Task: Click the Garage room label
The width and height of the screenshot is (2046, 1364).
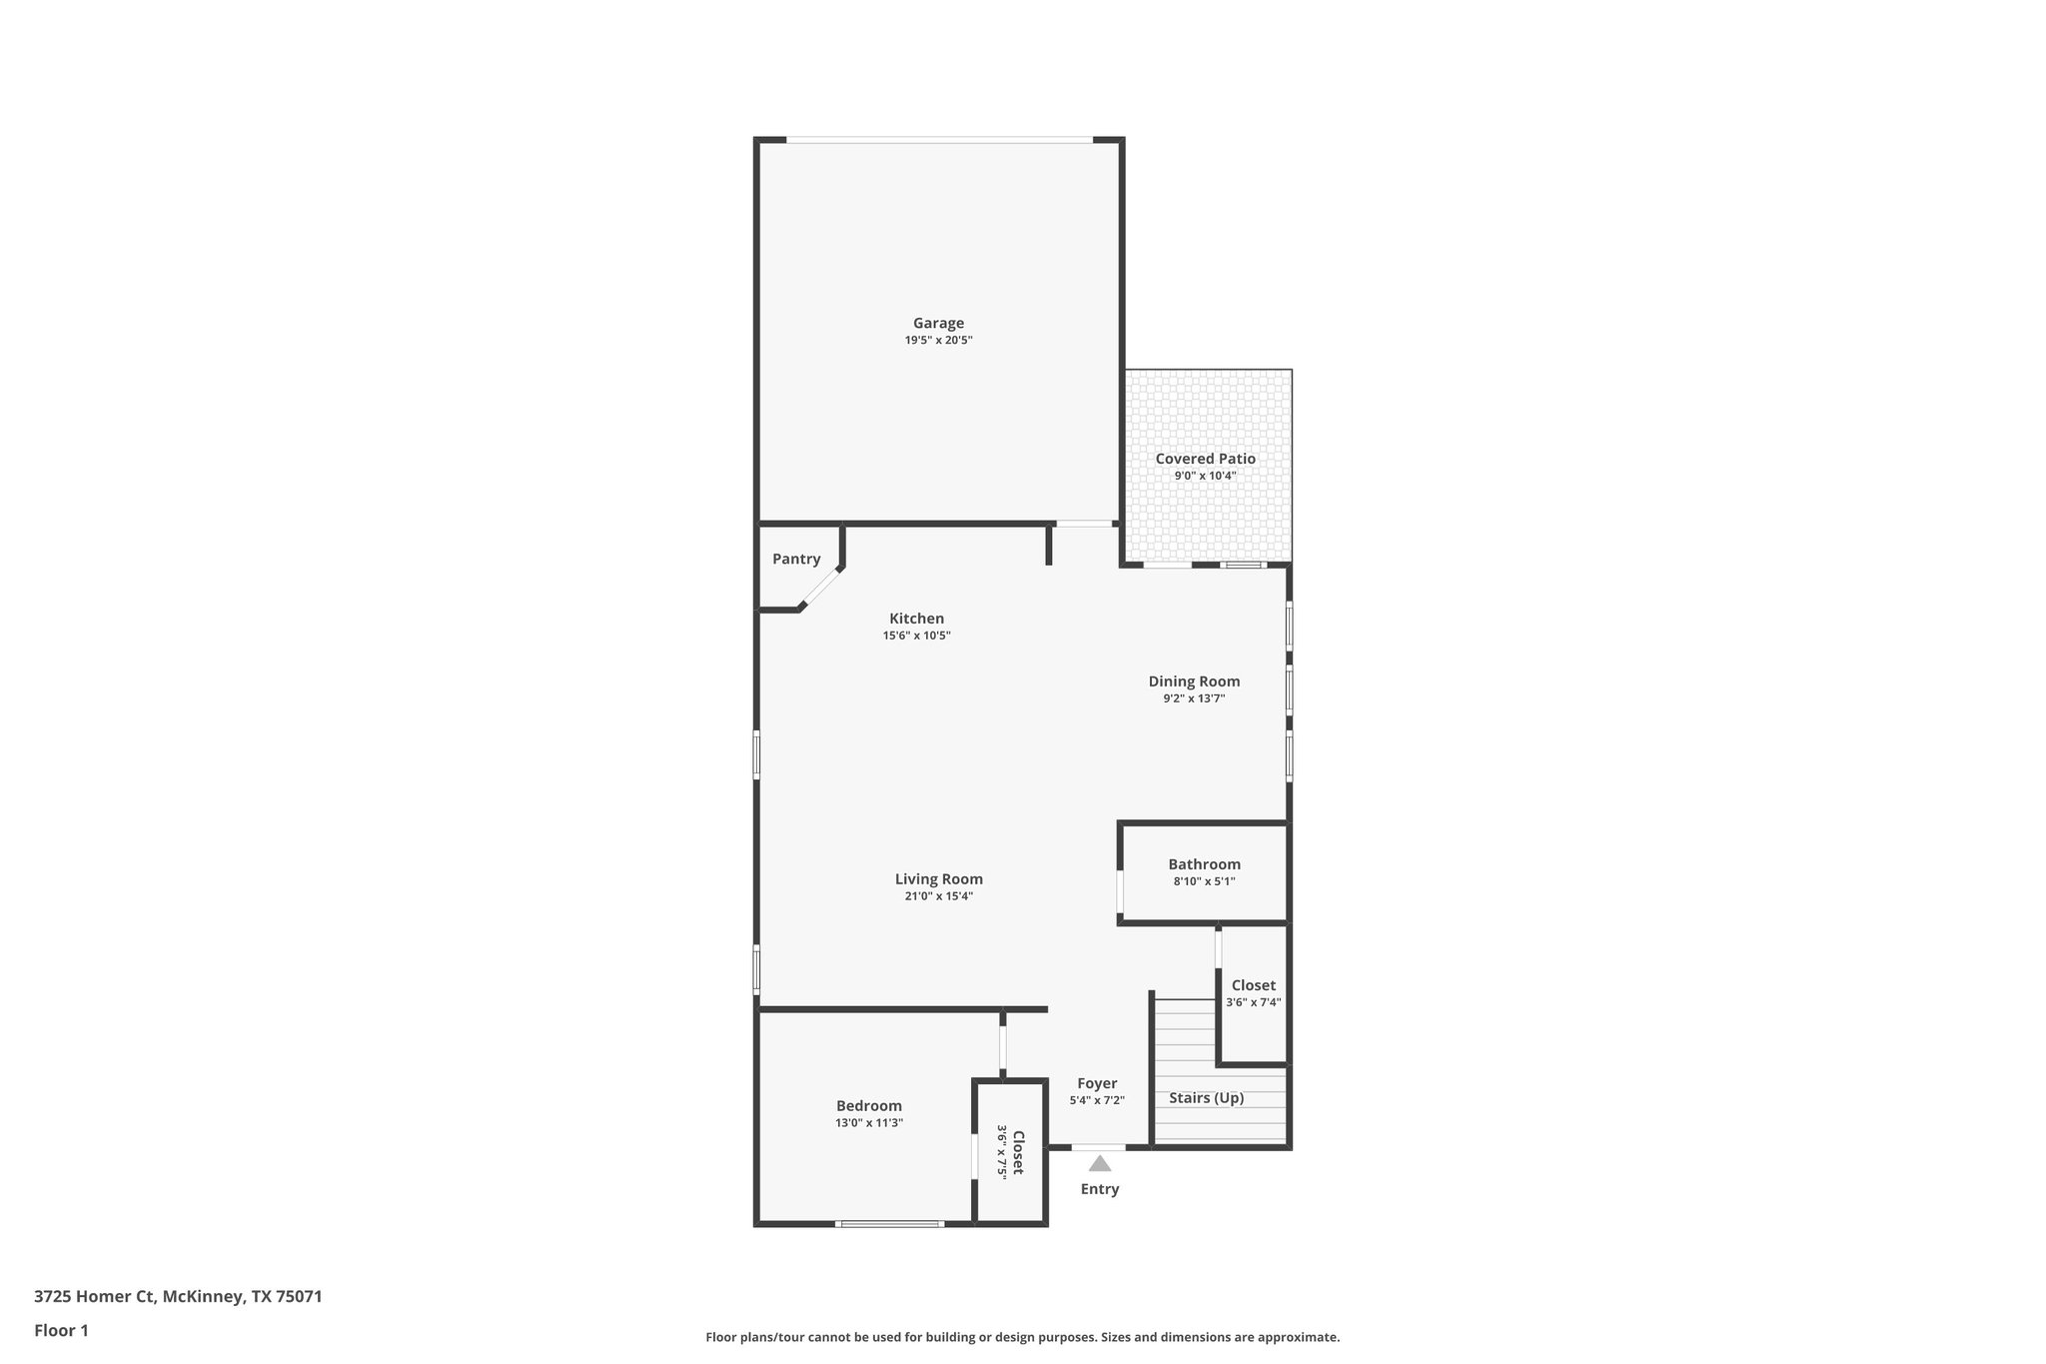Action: pyautogui.click(x=938, y=323)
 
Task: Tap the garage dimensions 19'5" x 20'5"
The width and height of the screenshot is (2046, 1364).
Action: pyautogui.click(x=938, y=341)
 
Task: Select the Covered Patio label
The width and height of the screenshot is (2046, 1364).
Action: pyautogui.click(x=1205, y=459)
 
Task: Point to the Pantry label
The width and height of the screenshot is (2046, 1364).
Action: pyautogui.click(x=796, y=560)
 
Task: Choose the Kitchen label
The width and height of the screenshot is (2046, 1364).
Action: pyautogui.click(x=916, y=619)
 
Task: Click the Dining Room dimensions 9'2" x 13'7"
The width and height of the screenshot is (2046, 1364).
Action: pyautogui.click(x=1194, y=699)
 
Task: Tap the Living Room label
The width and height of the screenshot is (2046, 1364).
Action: pyautogui.click(x=938, y=879)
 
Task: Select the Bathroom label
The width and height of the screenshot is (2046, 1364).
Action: pyautogui.click(x=1204, y=864)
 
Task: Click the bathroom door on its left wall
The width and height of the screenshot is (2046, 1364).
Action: pyautogui.click(x=1120, y=892)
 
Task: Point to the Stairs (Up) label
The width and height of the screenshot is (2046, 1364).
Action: pyautogui.click(x=1206, y=1098)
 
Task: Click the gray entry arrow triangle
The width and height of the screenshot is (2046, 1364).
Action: pyautogui.click(x=1100, y=1163)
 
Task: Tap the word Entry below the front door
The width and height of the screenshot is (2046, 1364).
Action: pyautogui.click(x=1099, y=1189)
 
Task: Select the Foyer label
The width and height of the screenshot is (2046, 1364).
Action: pyautogui.click(x=1097, y=1083)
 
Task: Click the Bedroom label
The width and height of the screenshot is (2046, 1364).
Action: pyautogui.click(x=868, y=1106)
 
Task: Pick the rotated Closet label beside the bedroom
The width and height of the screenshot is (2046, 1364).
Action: pyautogui.click(x=1018, y=1152)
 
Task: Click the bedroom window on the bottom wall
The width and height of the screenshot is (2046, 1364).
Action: pyautogui.click(x=889, y=1223)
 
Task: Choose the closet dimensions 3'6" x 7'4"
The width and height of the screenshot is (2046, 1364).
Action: pyautogui.click(x=1253, y=1003)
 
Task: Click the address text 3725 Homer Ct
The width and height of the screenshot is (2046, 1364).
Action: pyautogui.click(x=95, y=1296)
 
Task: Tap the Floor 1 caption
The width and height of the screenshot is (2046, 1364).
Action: pyautogui.click(x=61, y=1330)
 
